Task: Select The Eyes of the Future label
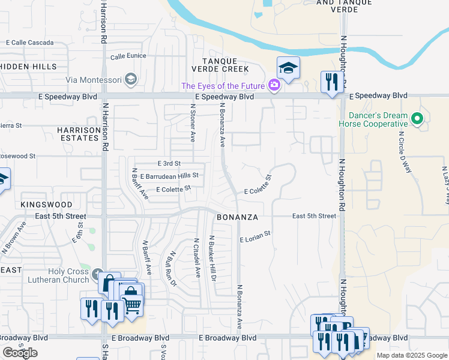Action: click(223, 86)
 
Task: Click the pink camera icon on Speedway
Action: click(274, 85)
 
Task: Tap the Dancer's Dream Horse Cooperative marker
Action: click(419, 119)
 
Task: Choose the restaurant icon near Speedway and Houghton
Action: click(331, 81)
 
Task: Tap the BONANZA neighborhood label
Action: click(237, 217)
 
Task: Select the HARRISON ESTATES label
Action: click(78, 134)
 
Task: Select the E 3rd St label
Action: click(169, 163)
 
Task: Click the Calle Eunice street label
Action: click(128, 57)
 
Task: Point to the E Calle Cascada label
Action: click(29, 43)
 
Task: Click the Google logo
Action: click(20, 353)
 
